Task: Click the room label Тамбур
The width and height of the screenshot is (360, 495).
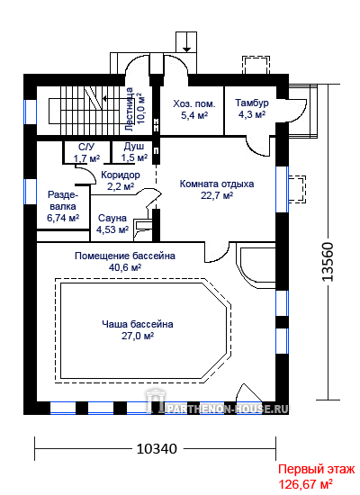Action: coord(252,103)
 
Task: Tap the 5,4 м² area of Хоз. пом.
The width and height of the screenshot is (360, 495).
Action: coord(194,115)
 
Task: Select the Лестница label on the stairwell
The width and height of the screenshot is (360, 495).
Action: coord(130,109)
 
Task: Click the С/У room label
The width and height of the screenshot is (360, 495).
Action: coord(86,147)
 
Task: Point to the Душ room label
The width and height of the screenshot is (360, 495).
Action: coord(134,146)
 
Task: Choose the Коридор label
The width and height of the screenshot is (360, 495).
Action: coord(121,175)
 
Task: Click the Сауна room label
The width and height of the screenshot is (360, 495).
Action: coord(112,218)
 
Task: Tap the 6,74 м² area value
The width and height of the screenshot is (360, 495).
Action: coord(63,218)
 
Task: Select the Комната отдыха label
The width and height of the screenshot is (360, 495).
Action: coord(217,184)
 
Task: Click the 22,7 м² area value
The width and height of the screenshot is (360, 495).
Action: coord(217,195)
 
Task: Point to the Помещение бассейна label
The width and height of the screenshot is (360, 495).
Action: coord(125,256)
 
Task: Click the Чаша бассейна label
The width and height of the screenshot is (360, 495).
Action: coord(138,324)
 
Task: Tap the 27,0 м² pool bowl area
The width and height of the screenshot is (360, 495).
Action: coord(138,336)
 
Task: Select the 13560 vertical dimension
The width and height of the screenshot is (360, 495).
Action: coord(328,262)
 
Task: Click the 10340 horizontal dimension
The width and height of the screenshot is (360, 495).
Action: coord(157,448)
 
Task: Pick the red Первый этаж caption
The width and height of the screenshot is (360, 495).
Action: coord(317,469)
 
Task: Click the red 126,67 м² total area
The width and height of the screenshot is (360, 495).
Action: coord(305,483)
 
